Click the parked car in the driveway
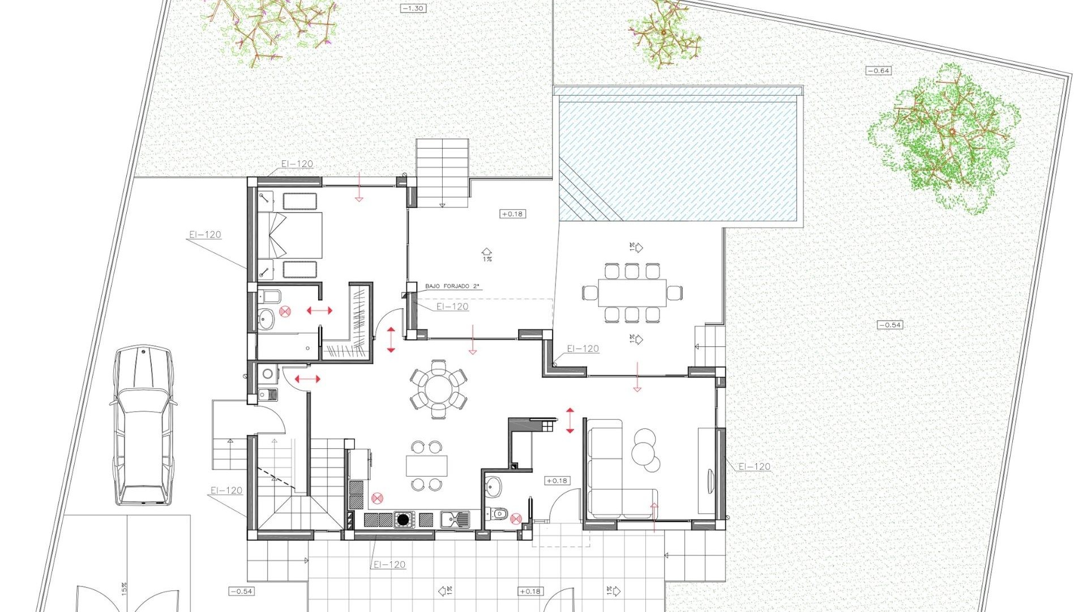(142, 425)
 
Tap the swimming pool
(679, 156)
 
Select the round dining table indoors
(438, 389)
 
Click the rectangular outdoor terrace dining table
(632, 293)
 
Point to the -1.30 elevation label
(413, 8)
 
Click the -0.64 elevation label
(879, 71)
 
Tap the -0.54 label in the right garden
(889, 325)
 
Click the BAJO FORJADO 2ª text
(453, 286)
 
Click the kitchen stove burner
(403, 519)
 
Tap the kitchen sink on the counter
(455, 519)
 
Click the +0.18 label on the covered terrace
(512, 214)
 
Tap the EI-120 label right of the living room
(754, 466)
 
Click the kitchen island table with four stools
(426, 466)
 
